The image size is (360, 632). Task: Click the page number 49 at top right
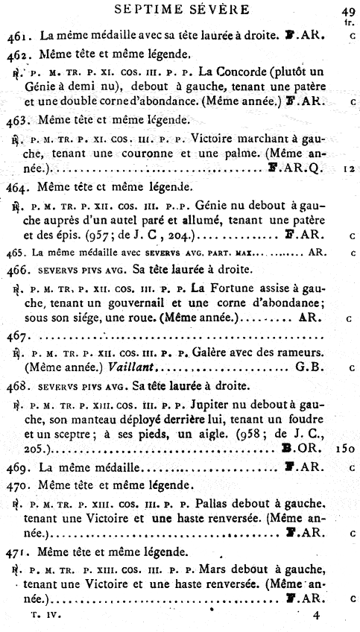click(348, 10)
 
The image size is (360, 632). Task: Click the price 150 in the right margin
click(347, 449)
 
